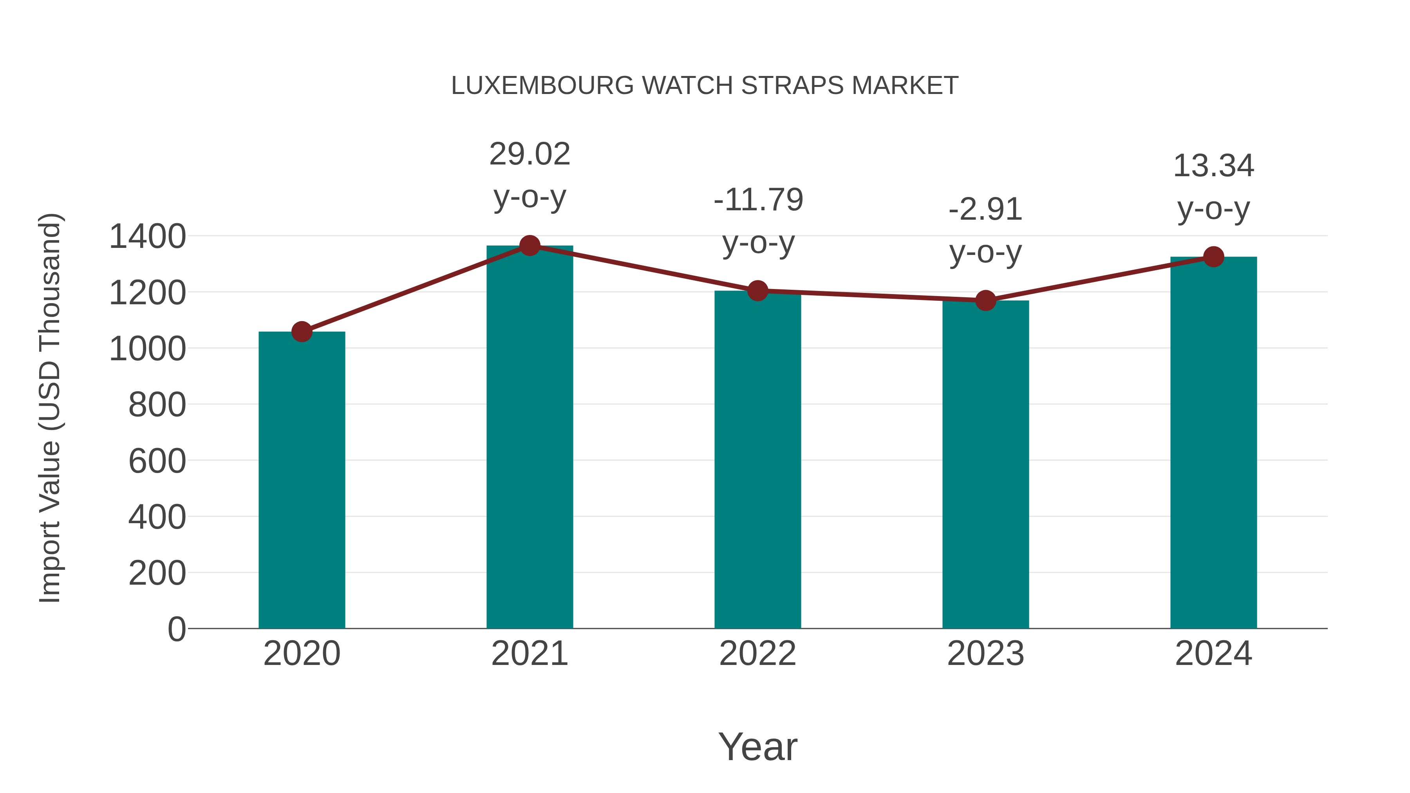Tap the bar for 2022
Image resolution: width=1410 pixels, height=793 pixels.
757,460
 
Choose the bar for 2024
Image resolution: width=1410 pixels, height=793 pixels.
1213,443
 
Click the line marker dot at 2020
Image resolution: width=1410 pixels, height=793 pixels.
302,332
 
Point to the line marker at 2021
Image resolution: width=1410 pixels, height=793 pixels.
529,246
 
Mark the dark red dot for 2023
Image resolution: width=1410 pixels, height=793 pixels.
985,300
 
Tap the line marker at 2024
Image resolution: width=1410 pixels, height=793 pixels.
1213,257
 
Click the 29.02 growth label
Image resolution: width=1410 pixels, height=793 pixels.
529,154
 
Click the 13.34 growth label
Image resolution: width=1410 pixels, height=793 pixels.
1213,166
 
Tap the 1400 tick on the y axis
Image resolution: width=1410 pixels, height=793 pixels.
147,237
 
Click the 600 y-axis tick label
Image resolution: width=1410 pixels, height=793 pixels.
157,461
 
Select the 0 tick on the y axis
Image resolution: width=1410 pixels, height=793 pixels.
176,629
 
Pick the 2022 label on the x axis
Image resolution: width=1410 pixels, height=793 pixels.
757,654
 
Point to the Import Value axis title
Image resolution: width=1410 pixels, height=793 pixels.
50,408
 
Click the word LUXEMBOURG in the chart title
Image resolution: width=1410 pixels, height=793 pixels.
542,86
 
